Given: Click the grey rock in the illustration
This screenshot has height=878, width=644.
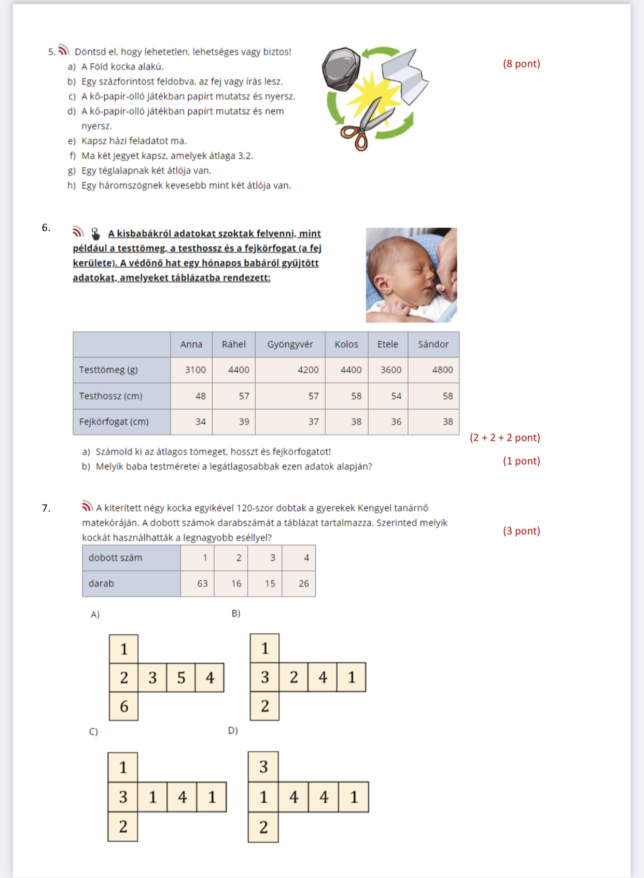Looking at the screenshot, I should (x=341, y=69).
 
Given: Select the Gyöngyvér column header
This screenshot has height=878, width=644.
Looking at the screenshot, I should (x=290, y=344).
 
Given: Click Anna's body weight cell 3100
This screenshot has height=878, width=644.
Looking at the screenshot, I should (x=195, y=370).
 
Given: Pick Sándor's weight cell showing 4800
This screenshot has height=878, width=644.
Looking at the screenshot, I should (x=442, y=370).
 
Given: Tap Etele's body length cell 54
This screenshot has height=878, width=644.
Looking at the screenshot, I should (x=396, y=396).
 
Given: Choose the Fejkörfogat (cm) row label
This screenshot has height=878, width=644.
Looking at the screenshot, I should (x=114, y=422).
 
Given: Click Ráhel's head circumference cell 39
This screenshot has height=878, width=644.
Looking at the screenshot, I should (x=243, y=422).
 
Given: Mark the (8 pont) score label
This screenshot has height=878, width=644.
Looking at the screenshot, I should (x=521, y=64).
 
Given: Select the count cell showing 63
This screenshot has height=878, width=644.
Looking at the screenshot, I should (x=202, y=583).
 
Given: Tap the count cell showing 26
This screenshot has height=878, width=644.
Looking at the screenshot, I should (x=303, y=583).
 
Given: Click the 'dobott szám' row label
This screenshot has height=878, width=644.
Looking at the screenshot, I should (x=115, y=558).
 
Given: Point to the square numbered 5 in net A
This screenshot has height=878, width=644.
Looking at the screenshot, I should (x=181, y=677).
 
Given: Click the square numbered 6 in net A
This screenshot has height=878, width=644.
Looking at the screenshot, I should (x=124, y=706).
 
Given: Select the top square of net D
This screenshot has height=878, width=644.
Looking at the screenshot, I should (x=263, y=766).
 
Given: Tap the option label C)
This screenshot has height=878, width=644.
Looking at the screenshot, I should (x=93, y=731).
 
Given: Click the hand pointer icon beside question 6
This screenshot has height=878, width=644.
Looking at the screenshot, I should (x=95, y=233).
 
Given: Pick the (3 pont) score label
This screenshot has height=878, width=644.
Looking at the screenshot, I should (x=521, y=531).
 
